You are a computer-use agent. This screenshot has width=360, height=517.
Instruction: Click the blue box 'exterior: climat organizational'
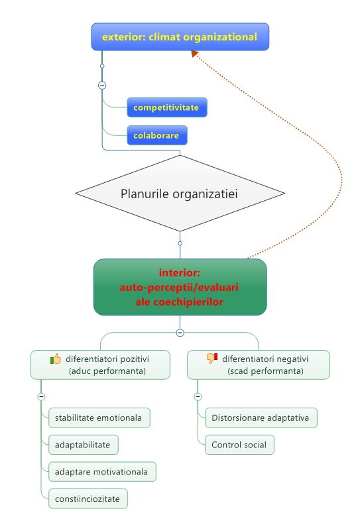180,36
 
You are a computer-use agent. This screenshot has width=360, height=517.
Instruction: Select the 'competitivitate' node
167,107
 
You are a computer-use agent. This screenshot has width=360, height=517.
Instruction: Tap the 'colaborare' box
157,135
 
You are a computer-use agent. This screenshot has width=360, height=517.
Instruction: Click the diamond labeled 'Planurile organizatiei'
180,194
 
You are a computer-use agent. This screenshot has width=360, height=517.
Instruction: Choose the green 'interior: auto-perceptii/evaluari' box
180,287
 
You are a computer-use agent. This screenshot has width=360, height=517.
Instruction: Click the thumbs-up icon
56,359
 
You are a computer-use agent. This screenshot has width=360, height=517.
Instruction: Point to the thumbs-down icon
212,359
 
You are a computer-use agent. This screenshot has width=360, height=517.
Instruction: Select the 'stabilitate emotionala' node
99,418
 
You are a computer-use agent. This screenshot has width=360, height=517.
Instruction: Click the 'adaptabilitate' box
84,445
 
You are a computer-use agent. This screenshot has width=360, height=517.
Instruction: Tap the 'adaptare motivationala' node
102,472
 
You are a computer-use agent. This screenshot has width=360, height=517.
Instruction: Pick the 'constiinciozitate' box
88,498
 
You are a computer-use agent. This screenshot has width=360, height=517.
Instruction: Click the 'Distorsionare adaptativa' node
261,418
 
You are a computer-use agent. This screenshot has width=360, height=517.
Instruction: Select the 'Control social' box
240,445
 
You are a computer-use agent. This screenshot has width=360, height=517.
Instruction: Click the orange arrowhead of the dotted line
194,54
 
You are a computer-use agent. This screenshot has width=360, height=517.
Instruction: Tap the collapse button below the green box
180,333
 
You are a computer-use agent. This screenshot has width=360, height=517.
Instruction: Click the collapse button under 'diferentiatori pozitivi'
41,396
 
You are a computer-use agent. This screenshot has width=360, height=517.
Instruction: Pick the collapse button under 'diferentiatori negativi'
198,396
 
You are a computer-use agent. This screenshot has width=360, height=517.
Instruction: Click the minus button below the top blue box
102,86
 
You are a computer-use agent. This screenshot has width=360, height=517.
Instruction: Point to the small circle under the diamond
180,243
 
